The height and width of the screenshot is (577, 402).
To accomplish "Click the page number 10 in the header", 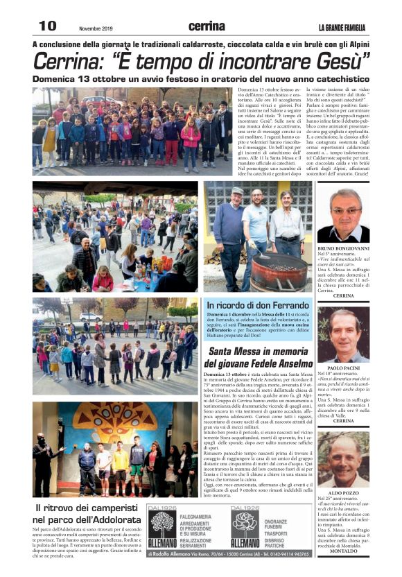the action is pos(48,26).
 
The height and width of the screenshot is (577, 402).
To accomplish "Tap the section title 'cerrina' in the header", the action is pos(207,26).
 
